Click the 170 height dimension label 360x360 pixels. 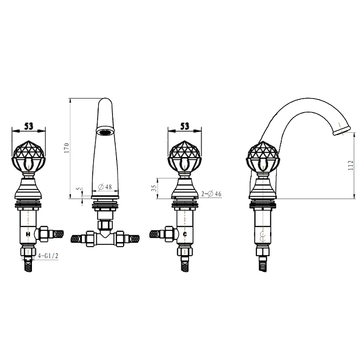[x=67, y=148]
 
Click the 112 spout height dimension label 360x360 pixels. [x=351, y=165]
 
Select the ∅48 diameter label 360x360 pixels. [x=105, y=187]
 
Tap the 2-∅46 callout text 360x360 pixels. [x=211, y=194]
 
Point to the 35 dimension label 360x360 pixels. [x=154, y=188]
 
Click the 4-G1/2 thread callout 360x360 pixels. [x=48, y=256]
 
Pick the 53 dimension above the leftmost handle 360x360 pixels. [x=29, y=126]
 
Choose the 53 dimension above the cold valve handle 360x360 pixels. [x=185, y=126]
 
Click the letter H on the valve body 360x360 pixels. [x=28, y=234]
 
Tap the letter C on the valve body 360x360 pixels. [x=185, y=234]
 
